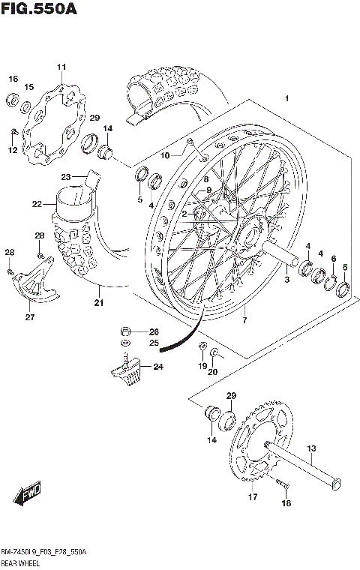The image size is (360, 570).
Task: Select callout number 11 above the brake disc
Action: pos(61,68)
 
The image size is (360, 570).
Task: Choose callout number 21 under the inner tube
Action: pos(98,303)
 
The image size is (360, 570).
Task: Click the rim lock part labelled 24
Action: pos(128,369)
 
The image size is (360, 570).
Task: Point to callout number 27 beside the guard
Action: pos(30,317)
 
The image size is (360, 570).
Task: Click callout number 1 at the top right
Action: pos(286,99)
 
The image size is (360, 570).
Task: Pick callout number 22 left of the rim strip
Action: pos(37,203)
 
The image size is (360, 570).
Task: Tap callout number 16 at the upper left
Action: pos(13,79)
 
